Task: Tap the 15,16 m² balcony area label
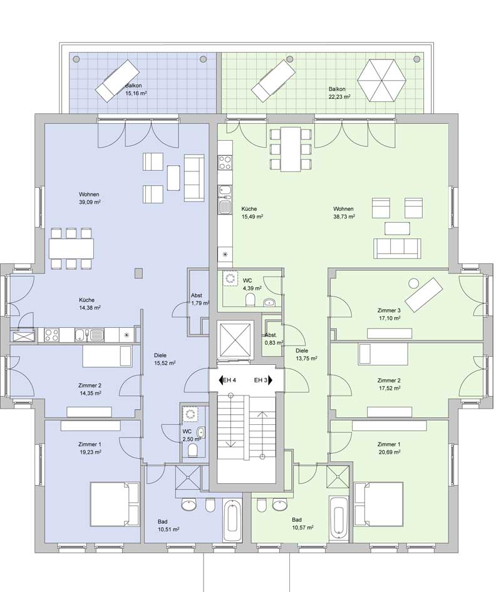tap(136, 93)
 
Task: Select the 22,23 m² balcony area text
tap(339, 96)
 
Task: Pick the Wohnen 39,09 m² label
tap(89, 198)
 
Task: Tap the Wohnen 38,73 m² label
tap(343, 213)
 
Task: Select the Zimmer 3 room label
tap(389, 310)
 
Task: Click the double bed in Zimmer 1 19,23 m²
tap(115, 504)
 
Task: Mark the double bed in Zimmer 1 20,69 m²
tap(379, 504)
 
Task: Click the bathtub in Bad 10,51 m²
tap(232, 520)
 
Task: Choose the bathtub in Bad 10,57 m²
tap(339, 518)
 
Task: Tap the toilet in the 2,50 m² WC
tap(192, 450)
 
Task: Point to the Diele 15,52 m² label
tap(165, 359)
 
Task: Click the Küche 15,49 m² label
tap(252, 213)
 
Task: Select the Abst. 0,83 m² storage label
tap(274, 339)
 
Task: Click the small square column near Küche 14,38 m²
tap(139, 273)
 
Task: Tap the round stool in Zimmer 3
tap(414, 282)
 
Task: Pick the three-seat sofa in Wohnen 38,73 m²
tap(396, 248)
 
